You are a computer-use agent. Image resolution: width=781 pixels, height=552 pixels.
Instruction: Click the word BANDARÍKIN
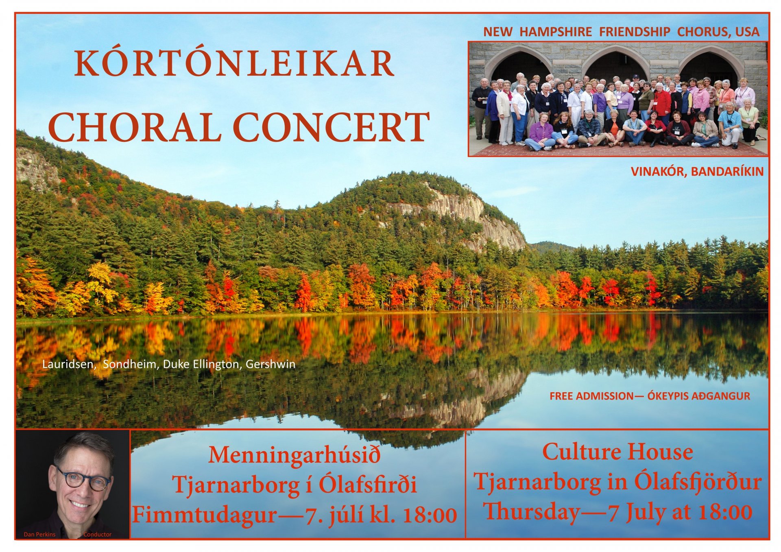[x=727, y=172]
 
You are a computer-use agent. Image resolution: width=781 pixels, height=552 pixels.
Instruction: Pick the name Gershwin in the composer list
[x=271, y=364]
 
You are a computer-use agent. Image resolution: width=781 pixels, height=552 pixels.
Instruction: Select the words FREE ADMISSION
[x=591, y=396]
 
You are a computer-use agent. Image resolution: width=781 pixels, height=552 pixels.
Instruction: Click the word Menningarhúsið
[x=295, y=455]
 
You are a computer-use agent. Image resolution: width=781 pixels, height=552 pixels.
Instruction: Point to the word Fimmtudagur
[x=205, y=515]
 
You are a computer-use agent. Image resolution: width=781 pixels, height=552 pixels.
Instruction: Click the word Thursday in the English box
[x=532, y=512]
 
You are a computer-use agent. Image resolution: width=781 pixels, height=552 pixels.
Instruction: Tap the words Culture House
[x=617, y=452]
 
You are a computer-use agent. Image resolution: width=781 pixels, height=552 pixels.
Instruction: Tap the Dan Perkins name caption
[x=39, y=535]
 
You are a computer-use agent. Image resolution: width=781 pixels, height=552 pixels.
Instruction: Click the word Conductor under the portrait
[x=97, y=535]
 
